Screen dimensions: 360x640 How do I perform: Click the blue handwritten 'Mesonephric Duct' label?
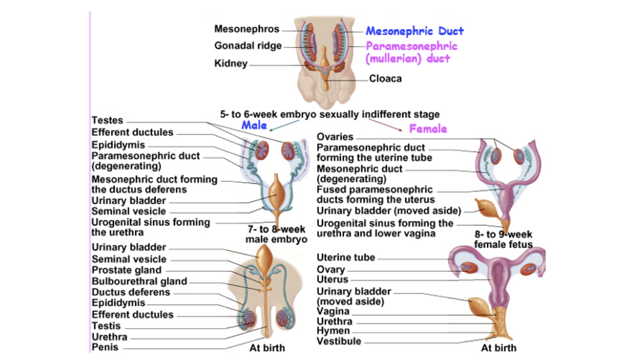point(414,31)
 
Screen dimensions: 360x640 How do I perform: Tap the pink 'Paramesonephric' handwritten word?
point(411,46)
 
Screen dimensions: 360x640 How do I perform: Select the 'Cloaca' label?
point(385,79)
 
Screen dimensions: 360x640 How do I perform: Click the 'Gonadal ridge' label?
point(248,46)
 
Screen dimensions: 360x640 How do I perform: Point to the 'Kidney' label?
point(231,63)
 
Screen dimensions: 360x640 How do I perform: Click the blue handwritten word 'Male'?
point(254,125)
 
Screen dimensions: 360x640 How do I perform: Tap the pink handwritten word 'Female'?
point(428,129)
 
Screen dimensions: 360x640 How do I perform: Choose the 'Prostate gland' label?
point(126,270)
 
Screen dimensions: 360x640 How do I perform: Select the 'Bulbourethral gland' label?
point(139,281)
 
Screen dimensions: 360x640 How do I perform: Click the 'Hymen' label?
point(333,331)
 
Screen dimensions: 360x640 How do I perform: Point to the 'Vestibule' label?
point(339,341)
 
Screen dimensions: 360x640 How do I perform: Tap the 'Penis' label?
point(105,347)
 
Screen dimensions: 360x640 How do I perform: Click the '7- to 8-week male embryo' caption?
point(276,234)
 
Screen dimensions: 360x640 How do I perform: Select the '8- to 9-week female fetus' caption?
point(503,239)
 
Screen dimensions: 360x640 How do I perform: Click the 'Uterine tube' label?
point(346,257)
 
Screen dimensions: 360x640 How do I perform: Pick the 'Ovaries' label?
point(335,137)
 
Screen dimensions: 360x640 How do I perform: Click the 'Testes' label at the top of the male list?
point(107,120)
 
